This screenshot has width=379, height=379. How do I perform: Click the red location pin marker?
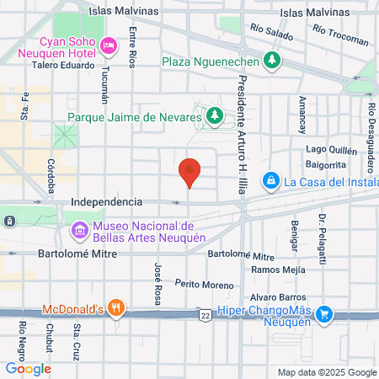coord(190,173)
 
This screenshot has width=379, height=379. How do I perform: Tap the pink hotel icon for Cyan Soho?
coord(108,45)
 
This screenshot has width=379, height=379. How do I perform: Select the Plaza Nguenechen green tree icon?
coord(271,60)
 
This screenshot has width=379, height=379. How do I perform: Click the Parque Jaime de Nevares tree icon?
coord(214,117)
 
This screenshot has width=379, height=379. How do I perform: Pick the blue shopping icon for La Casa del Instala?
coord(271,180)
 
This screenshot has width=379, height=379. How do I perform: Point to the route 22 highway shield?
coord(206,314)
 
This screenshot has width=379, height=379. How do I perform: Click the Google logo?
coord(28,368)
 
